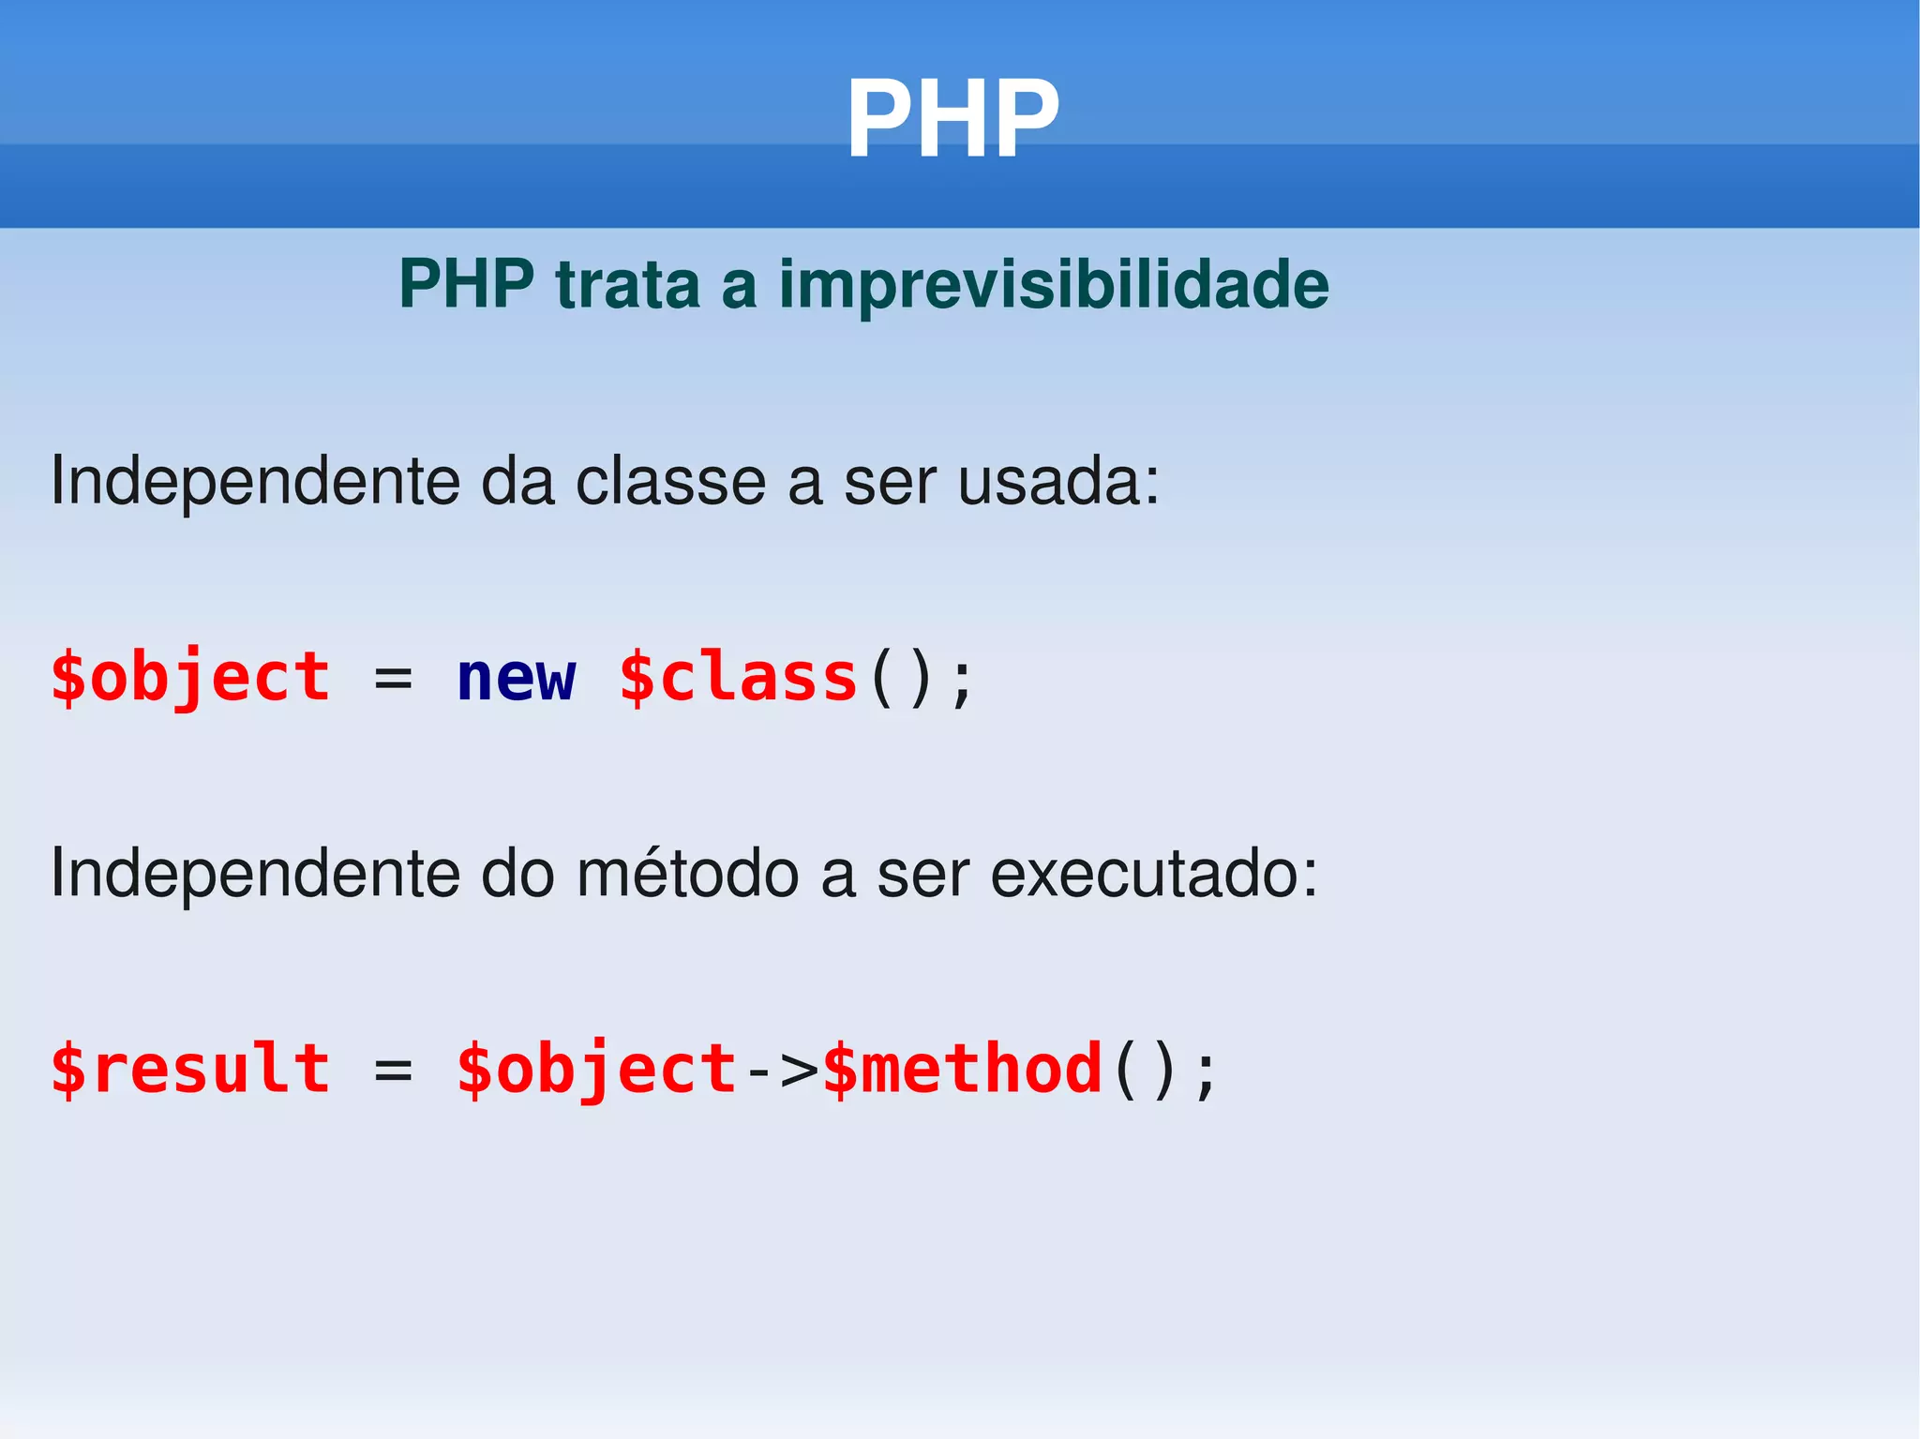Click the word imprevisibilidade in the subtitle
tap(1054, 284)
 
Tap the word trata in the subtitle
tap(627, 284)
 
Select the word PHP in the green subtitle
tap(466, 284)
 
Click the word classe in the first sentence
tap(670, 482)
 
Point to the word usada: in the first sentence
tap(1058, 482)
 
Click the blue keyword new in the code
tap(516, 678)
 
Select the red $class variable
tap(739, 678)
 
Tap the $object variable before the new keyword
tap(190, 678)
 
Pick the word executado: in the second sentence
tap(1154, 874)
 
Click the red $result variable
tap(190, 1069)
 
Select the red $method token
tap(962, 1069)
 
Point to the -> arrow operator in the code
tap(781, 1071)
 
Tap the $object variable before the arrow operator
tap(597, 1069)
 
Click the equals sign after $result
tap(393, 1071)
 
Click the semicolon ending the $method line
tap(1207, 1073)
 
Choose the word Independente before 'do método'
tap(255, 874)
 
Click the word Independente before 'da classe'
tap(255, 482)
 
